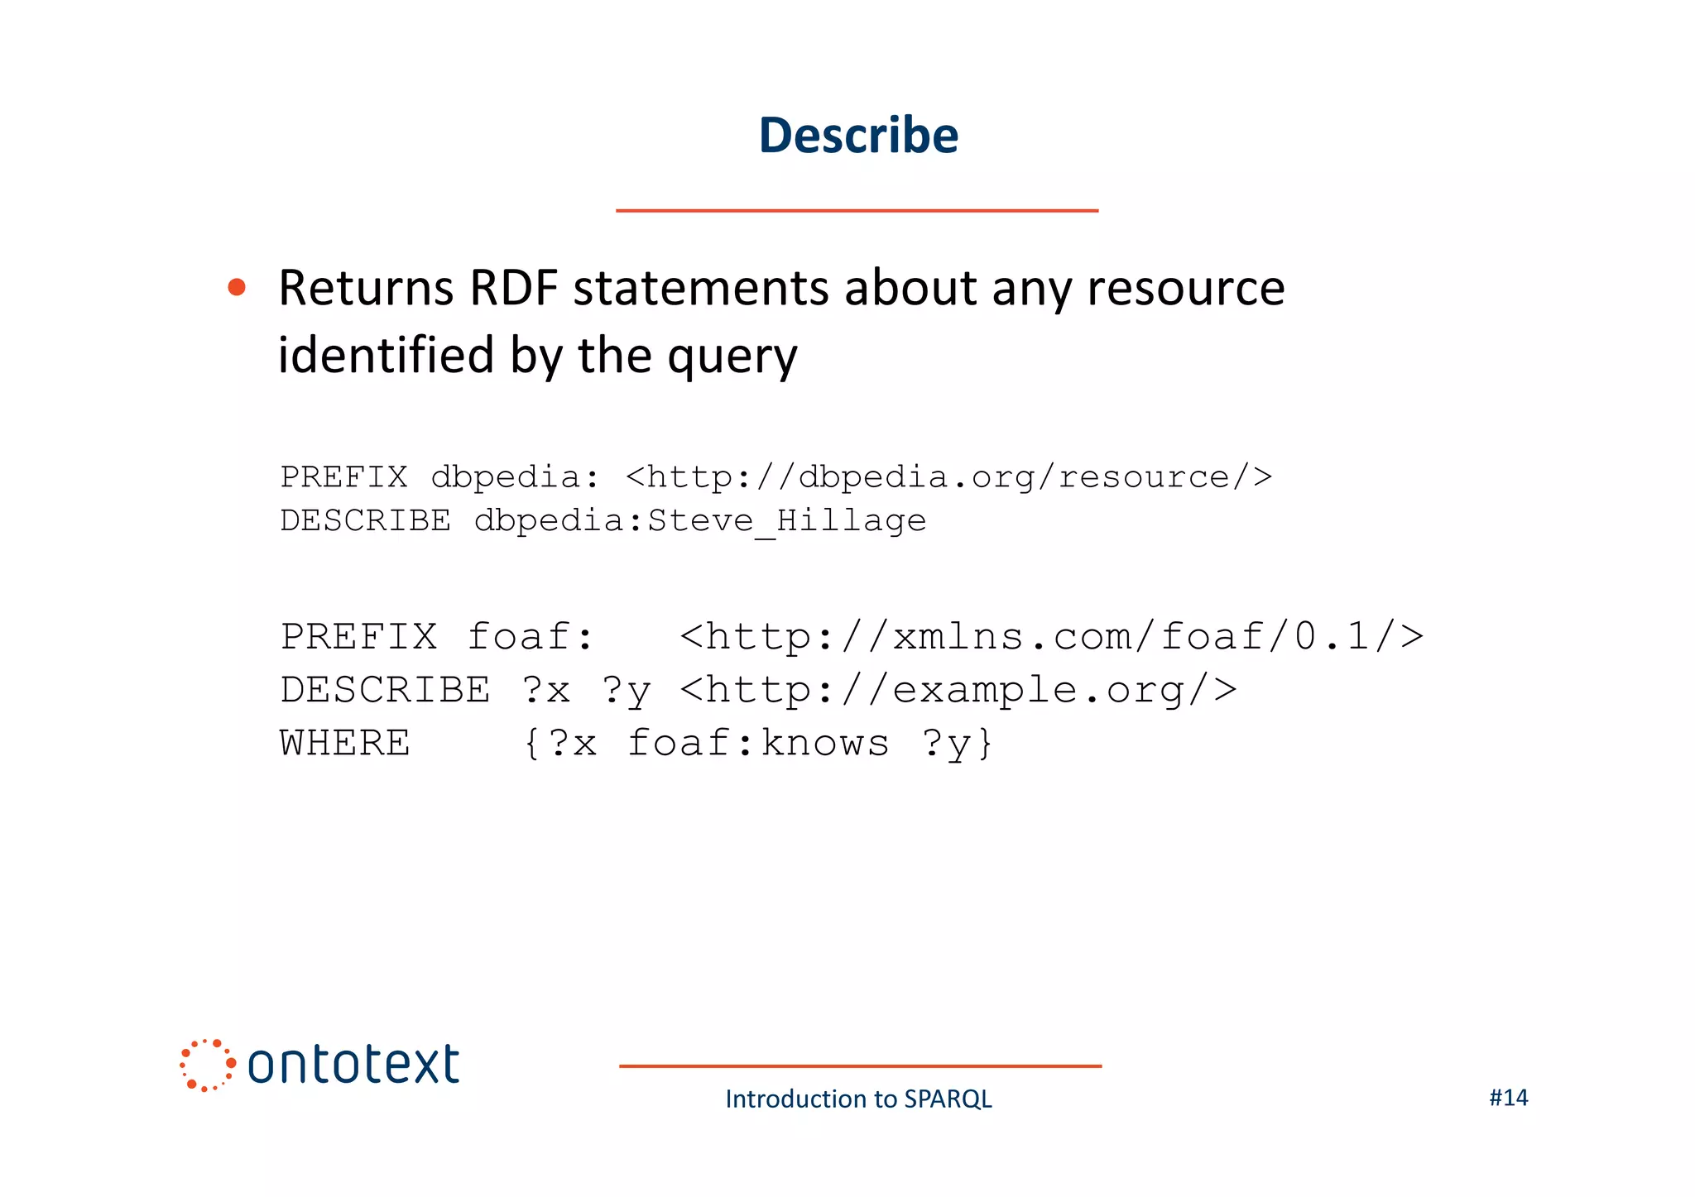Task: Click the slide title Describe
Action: click(858, 135)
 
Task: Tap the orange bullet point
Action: click(237, 287)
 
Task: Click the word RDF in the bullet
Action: click(513, 288)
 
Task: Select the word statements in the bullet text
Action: click(702, 288)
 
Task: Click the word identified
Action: click(386, 356)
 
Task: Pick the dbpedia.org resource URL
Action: click(948, 477)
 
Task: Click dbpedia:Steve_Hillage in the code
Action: click(700, 521)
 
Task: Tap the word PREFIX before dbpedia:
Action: click(344, 477)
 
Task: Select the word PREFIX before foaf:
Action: click(359, 637)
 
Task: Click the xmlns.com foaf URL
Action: click(1051, 637)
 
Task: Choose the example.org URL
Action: click(958, 690)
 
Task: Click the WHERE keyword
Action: click(345, 743)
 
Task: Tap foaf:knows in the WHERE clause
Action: click(758, 743)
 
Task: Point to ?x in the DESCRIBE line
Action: click(546, 690)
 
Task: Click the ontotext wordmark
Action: click(353, 1065)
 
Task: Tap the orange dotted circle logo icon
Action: click(207, 1065)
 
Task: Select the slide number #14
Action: click(1508, 1098)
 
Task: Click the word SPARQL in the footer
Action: click(948, 1099)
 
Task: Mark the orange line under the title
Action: click(857, 211)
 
